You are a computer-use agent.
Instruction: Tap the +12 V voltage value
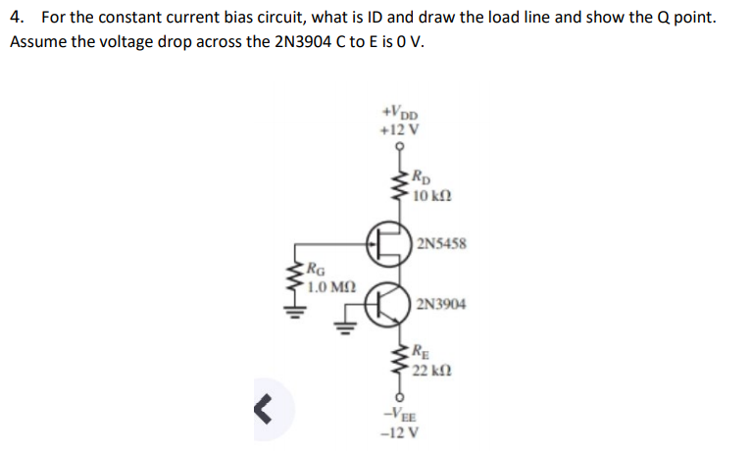point(399,128)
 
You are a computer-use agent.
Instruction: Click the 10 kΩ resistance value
point(431,197)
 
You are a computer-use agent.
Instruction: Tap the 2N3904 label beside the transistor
point(441,304)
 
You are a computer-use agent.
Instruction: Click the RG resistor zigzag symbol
point(293,279)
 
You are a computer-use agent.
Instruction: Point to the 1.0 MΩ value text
point(330,287)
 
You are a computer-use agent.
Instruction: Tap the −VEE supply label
point(400,416)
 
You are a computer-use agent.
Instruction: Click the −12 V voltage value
point(400,432)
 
